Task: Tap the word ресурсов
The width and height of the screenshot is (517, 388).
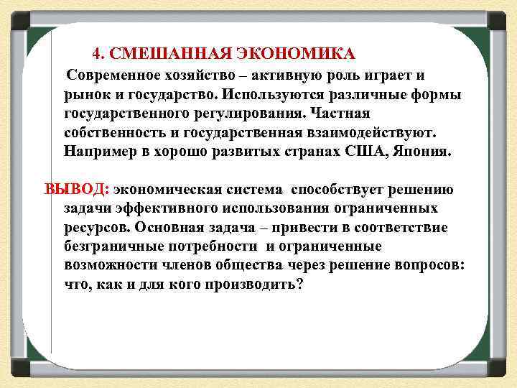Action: click(x=95, y=227)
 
